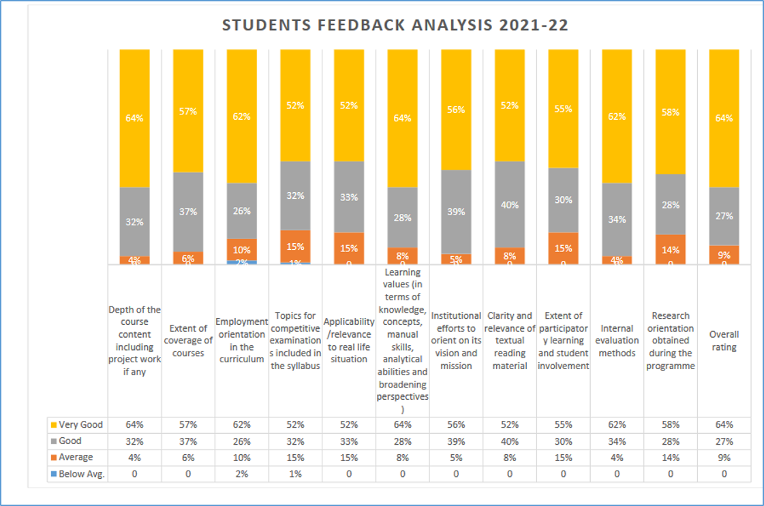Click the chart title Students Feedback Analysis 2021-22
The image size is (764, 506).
coord(395,26)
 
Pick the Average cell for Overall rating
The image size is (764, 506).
coord(724,458)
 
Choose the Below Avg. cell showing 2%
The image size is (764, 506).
coord(241,474)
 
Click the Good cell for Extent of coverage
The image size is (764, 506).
coord(188,441)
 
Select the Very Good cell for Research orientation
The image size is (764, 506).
coord(671,425)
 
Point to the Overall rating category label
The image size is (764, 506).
coord(724,341)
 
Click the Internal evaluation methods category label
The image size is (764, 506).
coord(617,341)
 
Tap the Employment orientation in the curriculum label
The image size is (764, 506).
coord(241,341)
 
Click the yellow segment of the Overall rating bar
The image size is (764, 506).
coord(724,118)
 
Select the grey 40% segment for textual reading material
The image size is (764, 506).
coord(510,204)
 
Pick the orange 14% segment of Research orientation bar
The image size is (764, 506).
coord(671,249)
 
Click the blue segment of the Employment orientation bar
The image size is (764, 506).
coord(241,262)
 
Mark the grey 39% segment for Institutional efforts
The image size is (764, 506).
coord(456,212)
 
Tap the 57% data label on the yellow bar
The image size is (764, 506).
coord(188,111)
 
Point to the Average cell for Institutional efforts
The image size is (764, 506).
coord(456,458)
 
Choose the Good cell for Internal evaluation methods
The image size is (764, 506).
coord(617,441)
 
